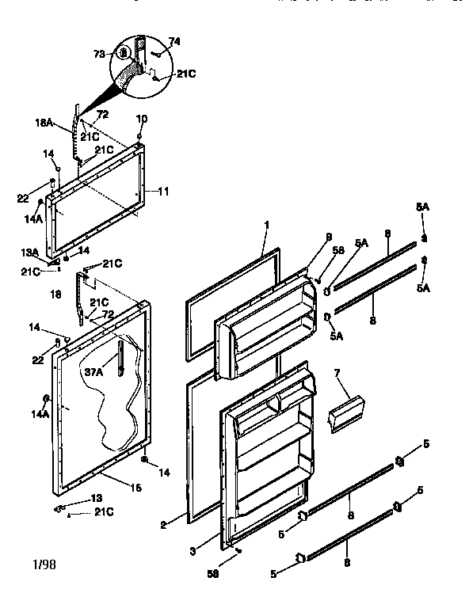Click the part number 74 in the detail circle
click(x=175, y=40)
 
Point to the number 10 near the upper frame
click(x=142, y=119)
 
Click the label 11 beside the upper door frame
click(x=165, y=191)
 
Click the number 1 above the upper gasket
click(x=267, y=224)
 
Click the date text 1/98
click(x=44, y=565)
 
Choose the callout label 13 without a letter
click(x=97, y=498)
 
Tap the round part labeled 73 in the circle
click(x=125, y=55)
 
